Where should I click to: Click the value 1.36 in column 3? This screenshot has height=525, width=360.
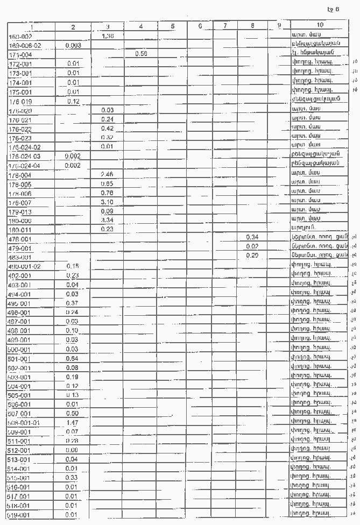[108, 36]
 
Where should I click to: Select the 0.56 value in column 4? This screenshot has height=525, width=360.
[141, 54]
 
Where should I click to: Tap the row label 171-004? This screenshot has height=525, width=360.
[20, 55]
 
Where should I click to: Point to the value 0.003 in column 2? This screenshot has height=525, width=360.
[73, 46]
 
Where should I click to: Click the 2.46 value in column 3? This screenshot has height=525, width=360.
[108, 174]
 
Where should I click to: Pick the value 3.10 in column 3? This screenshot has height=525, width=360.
[108, 201]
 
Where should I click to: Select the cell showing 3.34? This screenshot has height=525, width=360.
[108, 219]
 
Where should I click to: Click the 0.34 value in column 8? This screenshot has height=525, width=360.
[252, 237]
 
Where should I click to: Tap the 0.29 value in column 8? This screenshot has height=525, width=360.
[252, 256]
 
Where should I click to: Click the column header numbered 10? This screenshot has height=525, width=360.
[320, 25]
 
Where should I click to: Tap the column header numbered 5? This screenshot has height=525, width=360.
[172, 26]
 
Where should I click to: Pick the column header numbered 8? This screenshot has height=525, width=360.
[252, 26]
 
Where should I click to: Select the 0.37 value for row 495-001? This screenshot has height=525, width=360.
[73, 303]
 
